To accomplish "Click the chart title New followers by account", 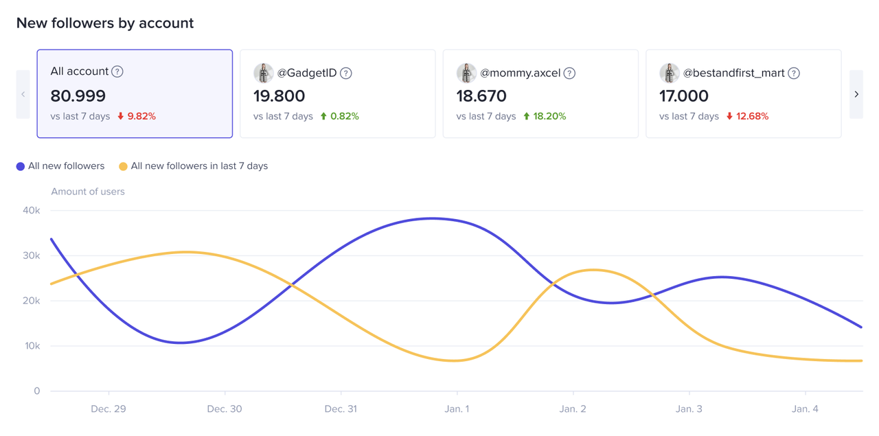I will coord(105,23).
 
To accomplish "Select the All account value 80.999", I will coord(78,95).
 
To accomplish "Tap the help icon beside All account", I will coord(117,71).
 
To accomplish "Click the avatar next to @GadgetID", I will coord(263,73).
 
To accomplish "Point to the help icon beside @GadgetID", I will coord(346,73).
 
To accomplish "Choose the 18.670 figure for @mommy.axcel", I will coord(481,95).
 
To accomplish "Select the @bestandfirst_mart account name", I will coord(733,73).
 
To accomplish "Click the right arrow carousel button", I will coord(856,94).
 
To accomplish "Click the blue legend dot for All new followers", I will coord(21,166).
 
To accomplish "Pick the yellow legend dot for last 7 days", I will coord(123,166).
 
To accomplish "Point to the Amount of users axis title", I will coord(88,192).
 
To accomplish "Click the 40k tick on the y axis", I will coord(32,210).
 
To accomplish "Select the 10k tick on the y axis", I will coord(32,346).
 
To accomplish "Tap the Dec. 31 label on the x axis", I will coord(341,409).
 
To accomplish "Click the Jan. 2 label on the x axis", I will coord(573,409).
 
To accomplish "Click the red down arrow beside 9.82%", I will coord(121,116).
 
